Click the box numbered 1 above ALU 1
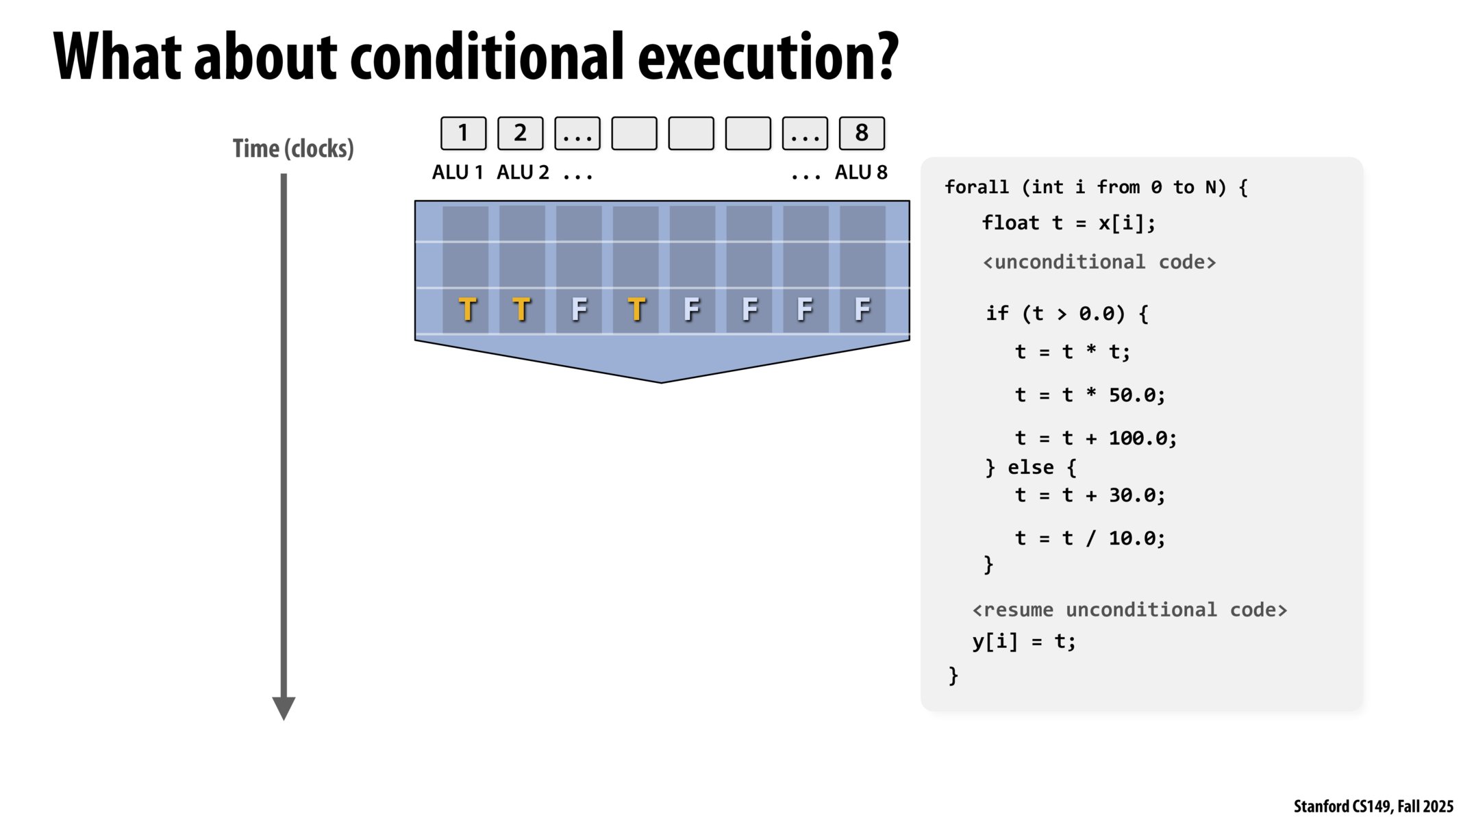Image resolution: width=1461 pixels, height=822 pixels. [x=463, y=133]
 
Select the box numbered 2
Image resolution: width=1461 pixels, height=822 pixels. [x=520, y=133]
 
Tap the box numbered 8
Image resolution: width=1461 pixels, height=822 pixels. [x=862, y=133]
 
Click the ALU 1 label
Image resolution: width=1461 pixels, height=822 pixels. [x=458, y=173]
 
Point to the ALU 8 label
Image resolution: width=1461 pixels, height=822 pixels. [x=861, y=173]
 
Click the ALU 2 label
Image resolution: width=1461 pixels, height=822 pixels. [x=523, y=173]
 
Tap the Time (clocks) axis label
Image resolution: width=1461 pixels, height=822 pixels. [x=293, y=149]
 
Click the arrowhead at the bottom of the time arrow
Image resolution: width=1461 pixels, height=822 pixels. [x=284, y=708]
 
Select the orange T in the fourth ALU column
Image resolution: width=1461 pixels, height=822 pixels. [x=636, y=310]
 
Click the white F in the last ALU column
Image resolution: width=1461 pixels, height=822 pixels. [x=862, y=310]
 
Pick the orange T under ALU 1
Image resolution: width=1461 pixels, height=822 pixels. [x=467, y=310]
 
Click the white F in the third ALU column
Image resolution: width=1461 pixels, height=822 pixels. [x=579, y=310]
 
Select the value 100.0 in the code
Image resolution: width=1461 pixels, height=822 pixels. [x=1137, y=438]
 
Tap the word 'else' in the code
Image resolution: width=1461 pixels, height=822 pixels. [x=1031, y=467]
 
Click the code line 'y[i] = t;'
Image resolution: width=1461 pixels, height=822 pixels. [x=1024, y=642]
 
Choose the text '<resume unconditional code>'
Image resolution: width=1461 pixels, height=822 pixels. [x=1129, y=610]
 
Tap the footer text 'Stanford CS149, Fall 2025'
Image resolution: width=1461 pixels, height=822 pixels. [x=1373, y=806]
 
